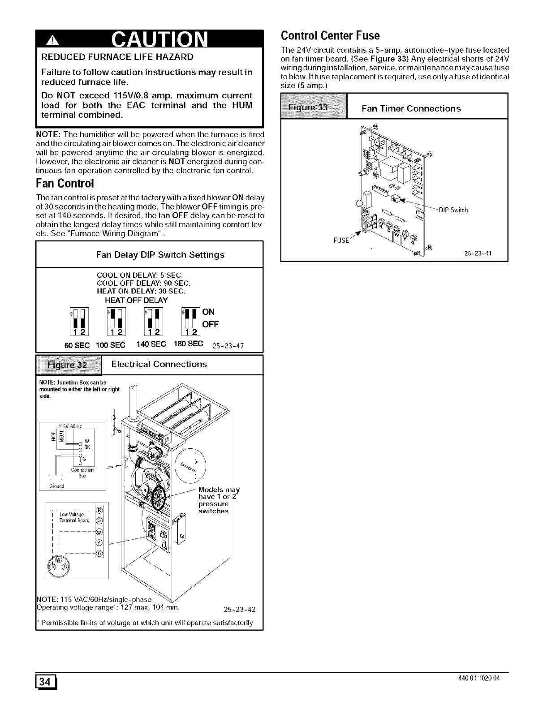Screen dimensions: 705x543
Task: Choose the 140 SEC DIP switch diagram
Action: [153, 322]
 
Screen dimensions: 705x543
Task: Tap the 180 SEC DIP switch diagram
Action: [191, 322]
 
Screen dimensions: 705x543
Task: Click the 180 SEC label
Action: [190, 344]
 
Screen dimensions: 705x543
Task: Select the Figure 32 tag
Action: [69, 365]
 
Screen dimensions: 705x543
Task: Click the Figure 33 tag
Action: [314, 107]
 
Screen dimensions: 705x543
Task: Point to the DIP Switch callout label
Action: [453, 210]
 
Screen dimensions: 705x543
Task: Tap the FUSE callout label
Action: [341, 241]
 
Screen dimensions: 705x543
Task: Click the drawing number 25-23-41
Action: [478, 253]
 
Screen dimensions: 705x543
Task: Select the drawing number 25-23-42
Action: [239, 609]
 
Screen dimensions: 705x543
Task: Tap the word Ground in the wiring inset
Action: [56, 486]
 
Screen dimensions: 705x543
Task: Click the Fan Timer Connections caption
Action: [411, 108]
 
